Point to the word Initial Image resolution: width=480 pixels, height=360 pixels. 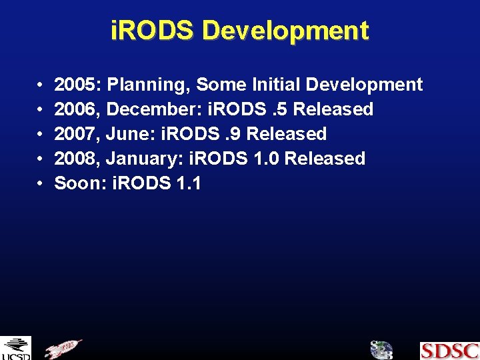(x=274, y=85)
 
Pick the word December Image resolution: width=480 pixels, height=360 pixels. (x=148, y=109)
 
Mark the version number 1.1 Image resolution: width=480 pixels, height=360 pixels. (x=186, y=183)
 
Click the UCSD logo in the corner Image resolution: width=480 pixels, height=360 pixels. (x=15, y=349)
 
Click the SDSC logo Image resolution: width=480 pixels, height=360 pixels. (x=449, y=351)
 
